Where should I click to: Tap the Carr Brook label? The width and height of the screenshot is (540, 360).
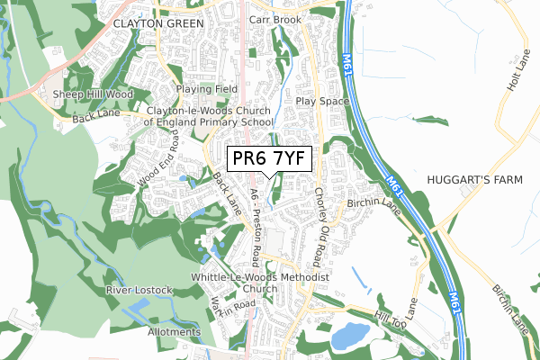tap(274, 18)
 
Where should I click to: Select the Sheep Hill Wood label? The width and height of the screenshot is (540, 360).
tap(93, 94)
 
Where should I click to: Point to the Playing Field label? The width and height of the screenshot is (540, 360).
tap(206, 89)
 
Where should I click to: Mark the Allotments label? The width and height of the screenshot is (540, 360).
tap(174, 332)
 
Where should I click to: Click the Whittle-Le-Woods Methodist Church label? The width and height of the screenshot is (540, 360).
tap(261, 283)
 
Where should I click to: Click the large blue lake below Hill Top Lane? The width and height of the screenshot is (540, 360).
tap(349, 337)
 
